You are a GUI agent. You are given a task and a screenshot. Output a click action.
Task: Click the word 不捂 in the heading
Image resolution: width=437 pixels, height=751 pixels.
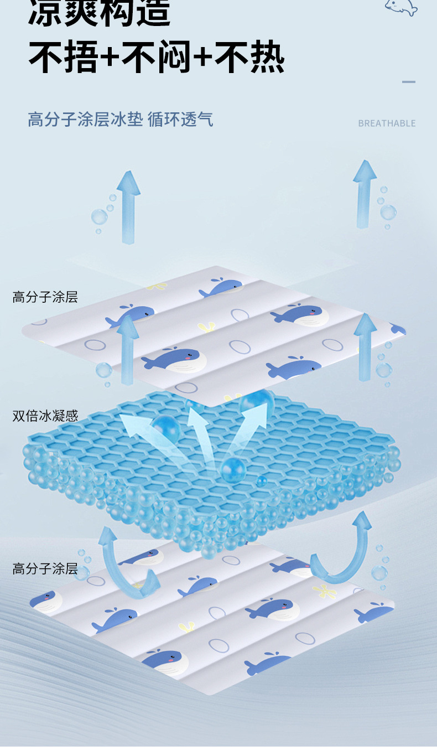point(62,58)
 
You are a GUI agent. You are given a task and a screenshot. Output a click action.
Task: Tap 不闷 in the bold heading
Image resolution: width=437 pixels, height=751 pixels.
point(156,58)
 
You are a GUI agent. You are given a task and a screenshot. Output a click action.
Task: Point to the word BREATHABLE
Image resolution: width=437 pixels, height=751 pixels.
point(387,123)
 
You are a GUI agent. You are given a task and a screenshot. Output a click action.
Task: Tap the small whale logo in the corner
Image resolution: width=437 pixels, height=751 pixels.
point(400,7)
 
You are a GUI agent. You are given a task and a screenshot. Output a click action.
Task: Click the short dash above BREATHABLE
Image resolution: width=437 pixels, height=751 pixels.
point(409,82)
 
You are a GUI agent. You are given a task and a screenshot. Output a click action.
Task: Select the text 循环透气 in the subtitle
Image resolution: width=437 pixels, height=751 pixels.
point(180,119)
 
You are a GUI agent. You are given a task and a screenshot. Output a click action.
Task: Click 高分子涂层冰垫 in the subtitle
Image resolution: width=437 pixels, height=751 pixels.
point(85,119)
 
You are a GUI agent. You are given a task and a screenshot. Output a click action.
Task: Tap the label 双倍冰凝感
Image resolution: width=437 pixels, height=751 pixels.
point(45,416)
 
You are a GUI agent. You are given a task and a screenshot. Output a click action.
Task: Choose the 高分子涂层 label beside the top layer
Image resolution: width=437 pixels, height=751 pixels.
point(45,297)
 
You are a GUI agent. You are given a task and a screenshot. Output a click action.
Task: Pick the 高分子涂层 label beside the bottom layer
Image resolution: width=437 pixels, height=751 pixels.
point(45,568)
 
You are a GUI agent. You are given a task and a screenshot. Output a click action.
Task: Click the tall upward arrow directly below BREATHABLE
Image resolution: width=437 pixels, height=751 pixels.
point(365,194)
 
